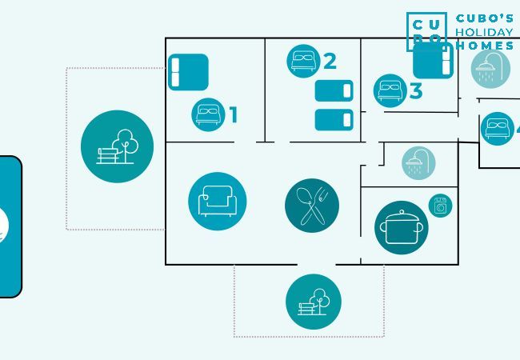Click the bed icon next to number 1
point(208,115)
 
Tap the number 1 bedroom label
point(234,115)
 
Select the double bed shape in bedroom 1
point(188,72)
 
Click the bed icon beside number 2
point(303,61)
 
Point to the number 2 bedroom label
point(330,61)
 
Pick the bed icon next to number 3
point(390,90)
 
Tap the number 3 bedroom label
point(415,91)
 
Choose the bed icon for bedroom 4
point(497,129)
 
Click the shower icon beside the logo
point(490,69)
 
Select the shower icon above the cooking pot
point(418,163)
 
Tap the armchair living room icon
point(217,202)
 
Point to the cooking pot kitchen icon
point(401,228)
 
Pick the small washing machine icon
point(440,206)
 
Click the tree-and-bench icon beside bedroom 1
point(117,146)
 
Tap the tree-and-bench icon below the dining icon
point(313,302)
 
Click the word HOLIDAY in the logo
point(484,33)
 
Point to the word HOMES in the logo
point(485,46)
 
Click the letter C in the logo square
point(417,22)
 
